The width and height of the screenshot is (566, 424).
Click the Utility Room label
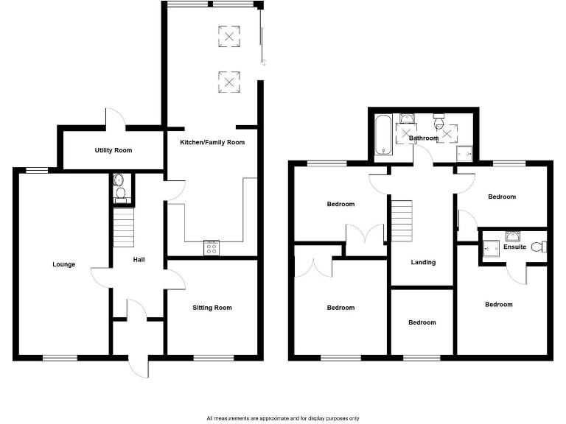113,150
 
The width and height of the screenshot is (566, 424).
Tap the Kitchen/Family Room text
212,142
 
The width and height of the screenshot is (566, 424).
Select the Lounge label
63,264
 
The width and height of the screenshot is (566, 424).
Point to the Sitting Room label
212,308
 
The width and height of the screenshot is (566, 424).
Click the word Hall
139,260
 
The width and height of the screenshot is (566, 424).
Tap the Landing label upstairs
423,262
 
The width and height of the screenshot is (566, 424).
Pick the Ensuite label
515,247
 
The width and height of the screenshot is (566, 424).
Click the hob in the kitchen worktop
212,248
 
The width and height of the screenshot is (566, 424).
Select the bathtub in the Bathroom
384,135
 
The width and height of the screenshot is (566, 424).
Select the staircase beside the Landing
400,221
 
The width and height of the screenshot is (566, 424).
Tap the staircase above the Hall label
124,227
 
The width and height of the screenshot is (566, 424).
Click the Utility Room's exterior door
115,119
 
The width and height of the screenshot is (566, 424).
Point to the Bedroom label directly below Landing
422,322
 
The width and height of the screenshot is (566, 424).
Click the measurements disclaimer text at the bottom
283,417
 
